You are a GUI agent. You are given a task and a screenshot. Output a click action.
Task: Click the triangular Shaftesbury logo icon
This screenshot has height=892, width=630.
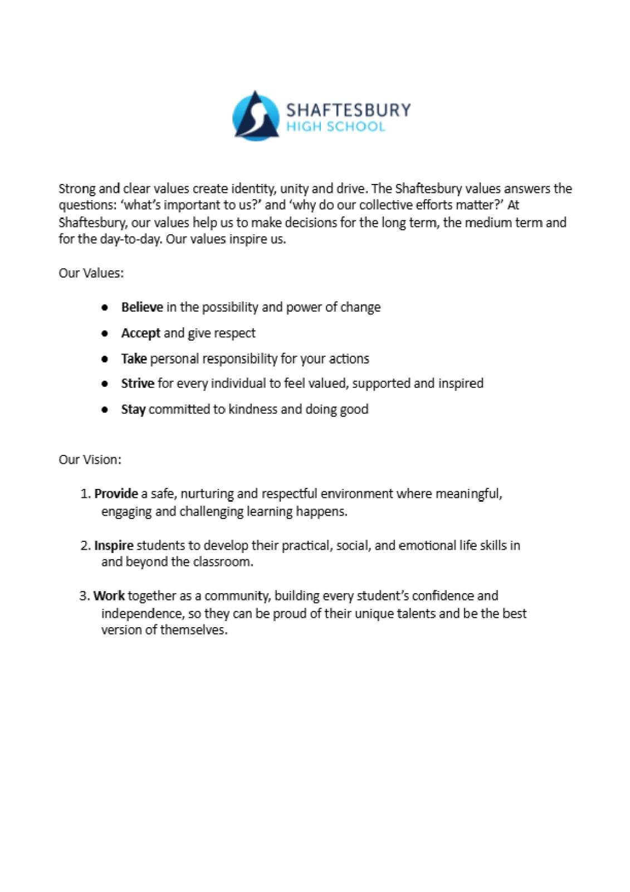coord(256,116)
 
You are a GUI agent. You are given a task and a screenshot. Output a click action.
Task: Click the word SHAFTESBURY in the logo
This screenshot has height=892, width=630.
coord(348,109)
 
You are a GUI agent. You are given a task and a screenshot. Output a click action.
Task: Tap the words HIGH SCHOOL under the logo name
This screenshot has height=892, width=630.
coord(335,127)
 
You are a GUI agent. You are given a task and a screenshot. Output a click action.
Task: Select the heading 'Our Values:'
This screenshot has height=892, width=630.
coord(91,273)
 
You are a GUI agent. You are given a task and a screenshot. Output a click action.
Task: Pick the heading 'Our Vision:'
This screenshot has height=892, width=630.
coord(90,460)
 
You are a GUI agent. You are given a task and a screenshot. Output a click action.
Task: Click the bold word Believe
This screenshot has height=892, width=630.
coord(142,307)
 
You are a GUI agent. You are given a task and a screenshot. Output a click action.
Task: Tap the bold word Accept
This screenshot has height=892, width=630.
coord(141,333)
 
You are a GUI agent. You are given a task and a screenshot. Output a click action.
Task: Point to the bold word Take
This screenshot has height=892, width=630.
coord(134,358)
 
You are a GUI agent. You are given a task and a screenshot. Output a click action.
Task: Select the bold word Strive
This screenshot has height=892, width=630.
coord(138,384)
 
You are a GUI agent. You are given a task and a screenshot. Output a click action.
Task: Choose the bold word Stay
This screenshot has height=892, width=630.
coord(133,409)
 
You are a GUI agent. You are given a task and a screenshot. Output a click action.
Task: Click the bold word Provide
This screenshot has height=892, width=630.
coord(116,493)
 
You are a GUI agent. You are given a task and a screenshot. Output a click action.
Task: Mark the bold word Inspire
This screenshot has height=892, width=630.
coord(114,545)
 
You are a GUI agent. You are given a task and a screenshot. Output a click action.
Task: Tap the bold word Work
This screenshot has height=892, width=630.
coord(109,596)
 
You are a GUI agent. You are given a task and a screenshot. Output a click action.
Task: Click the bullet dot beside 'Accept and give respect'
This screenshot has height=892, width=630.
coord(105,333)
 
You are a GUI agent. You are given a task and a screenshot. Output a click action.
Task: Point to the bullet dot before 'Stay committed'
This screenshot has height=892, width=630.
coord(105,409)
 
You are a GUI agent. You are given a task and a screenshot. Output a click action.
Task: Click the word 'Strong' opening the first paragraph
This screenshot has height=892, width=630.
coord(77,188)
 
